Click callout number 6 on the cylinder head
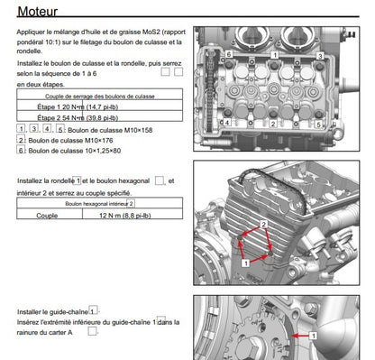click(x=229, y=55)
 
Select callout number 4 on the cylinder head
click(x=225, y=122)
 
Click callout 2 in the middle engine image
click(x=262, y=221)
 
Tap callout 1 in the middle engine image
click(x=245, y=260)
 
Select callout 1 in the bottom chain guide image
click(x=314, y=333)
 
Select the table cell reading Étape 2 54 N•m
click(x=98, y=117)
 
